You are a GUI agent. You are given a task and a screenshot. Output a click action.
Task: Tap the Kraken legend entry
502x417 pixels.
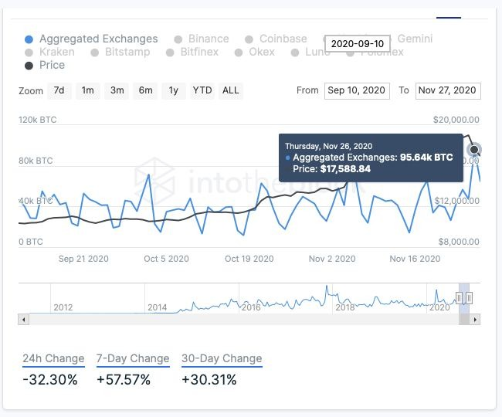coord(56,52)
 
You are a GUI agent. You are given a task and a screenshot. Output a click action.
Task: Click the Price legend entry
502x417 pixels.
coord(52,65)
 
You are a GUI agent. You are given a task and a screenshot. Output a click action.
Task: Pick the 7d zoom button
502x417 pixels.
coord(59,90)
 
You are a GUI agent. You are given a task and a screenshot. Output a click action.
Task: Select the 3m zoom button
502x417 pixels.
coord(117,90)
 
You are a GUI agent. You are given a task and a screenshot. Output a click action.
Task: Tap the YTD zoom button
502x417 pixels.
coord(202,90)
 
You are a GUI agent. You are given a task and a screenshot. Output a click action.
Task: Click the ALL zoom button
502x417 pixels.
coord(230,90)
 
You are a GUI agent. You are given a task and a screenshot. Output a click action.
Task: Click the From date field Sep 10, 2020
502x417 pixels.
coord(357,90)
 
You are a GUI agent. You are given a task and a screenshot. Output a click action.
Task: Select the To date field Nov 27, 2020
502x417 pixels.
coord(447,90)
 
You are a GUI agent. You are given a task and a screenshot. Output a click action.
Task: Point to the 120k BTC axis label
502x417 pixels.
coord(38,120)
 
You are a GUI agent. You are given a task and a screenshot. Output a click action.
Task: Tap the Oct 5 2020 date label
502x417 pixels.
coord(166,259)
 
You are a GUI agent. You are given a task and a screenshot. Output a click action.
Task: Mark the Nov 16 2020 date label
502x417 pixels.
coord(415,259)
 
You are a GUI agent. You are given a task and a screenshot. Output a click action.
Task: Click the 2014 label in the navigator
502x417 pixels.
coord(157,307)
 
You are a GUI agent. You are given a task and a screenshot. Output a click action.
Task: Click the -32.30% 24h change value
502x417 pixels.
coord(50,379)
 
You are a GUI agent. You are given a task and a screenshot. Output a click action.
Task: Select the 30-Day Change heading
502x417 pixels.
coord(222,358)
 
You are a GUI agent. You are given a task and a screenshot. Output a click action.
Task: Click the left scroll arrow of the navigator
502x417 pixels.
coord(24,319)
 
